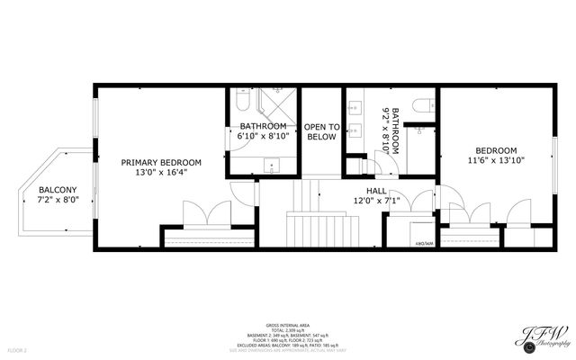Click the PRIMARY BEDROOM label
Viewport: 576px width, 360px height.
pos(161,162)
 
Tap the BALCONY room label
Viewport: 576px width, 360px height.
pos(57,190)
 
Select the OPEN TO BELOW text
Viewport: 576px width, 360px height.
pos(321,131)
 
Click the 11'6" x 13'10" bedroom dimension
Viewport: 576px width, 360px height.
pos(496,160)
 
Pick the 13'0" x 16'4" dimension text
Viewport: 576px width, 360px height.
pos(161,173)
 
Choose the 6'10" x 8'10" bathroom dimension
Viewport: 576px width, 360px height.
pos(263,136)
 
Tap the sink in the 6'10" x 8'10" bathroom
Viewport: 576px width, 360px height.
pos(273,164)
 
